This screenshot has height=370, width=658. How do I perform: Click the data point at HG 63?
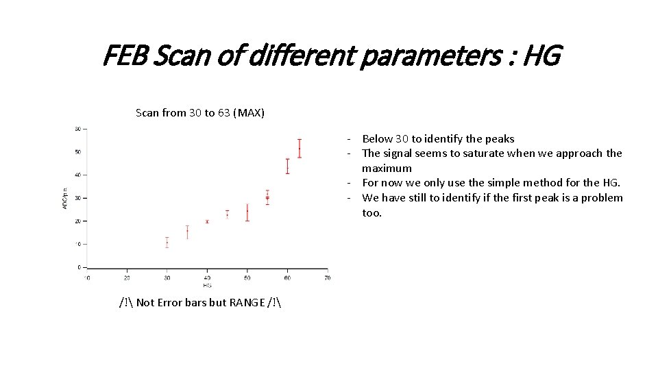coord(300,149)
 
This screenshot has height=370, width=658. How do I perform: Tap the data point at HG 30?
coord(167,243)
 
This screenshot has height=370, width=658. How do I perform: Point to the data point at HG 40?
coord(207,221)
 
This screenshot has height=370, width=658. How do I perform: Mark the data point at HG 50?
coord(247,212)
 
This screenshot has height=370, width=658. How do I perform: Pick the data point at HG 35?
coord(187,232)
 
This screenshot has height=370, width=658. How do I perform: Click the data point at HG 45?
coord(228,214)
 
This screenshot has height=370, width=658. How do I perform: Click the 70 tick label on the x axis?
coord(327,277)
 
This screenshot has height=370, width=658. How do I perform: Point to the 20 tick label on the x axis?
coord(127,277)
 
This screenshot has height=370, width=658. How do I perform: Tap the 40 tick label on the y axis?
coord(77,175)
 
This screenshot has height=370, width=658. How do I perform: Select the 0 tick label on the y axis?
coord(79,267)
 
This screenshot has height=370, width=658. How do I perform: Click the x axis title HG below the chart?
coord(206,284)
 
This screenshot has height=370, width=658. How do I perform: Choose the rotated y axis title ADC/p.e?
coord(66,197)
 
